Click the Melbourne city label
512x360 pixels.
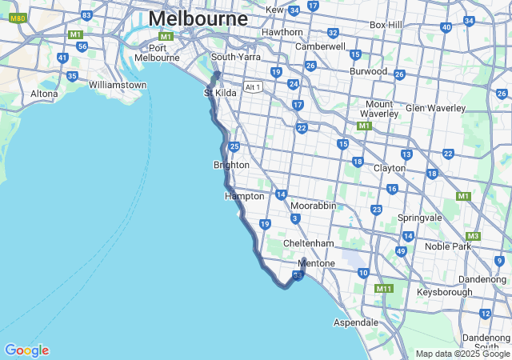[x=198, y=18]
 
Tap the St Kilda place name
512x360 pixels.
[x=220, y=93]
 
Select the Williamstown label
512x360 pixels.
[x=118, y=85]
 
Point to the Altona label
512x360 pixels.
[x=44, y=94]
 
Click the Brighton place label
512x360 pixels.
[x=231, y=165]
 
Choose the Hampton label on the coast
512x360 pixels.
[x=244, y=196]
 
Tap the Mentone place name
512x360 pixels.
[x=315, y=263]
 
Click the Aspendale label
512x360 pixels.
[x=356, y=322]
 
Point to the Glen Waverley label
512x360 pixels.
[x=435, y=108]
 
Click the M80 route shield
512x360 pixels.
[x=18, y=18]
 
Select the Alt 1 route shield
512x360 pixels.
[x=253, y=87]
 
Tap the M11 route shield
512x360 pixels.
[x=384, y=288]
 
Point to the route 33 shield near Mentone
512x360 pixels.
[x=298, y=276]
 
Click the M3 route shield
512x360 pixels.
[x=473, y=236]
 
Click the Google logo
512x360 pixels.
[x=26, y=350]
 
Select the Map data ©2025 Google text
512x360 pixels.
[x=462, y=354]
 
